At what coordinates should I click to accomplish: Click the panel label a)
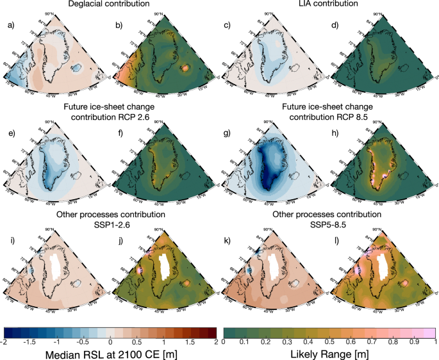pos(10,25)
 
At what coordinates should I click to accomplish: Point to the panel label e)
pos(10,133)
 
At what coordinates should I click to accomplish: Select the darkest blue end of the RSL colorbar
pos(8,332)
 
